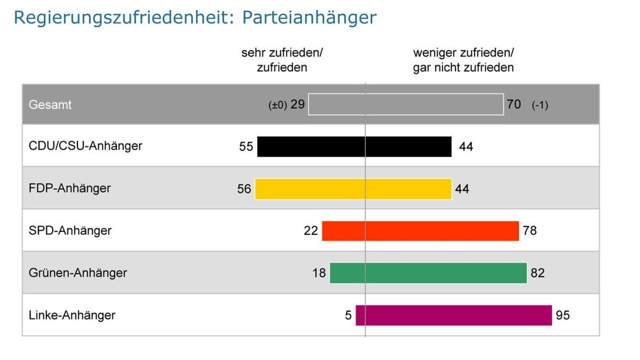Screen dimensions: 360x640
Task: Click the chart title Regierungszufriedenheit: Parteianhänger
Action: coord(195,17)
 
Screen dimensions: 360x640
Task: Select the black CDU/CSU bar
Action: coord(354,147)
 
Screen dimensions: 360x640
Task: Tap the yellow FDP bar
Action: coord(353,189)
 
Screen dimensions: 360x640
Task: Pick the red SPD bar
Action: coord(420,231)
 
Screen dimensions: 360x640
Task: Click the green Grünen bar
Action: coord(428,273)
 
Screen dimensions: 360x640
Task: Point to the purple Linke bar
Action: coord(454,315)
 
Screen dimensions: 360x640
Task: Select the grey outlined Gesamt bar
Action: coord(406,105)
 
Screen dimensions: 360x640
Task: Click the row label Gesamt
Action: coord(50,105)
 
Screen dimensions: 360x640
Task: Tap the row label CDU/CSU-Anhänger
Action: coord(85,146)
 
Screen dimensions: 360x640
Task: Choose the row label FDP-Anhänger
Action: coord(70,188)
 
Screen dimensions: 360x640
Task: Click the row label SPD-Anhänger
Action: coord(70,230)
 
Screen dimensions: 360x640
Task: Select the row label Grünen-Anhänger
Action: coord(78,273)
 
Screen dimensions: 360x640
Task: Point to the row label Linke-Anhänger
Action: coord(72,315)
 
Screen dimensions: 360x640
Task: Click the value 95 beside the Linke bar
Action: coord(563,315)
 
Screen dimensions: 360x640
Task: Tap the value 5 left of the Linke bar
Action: coord(348,315)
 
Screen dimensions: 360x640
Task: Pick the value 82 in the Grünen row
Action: coord(538,273)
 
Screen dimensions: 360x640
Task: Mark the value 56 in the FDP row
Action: coord(244,189)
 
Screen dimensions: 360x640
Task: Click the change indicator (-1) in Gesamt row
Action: coord(540,105)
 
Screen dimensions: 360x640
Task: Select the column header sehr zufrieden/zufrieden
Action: coord(282,60)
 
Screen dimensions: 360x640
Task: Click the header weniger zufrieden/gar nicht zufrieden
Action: coord(463,60)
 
